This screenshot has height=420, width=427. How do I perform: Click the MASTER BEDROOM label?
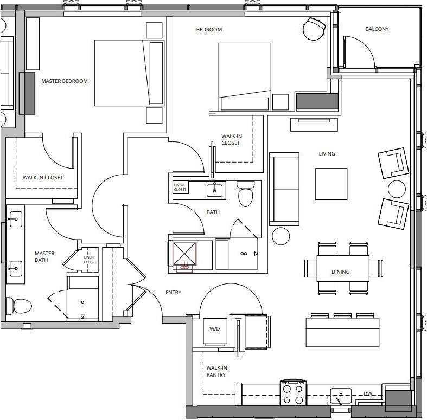[x=65, y=81]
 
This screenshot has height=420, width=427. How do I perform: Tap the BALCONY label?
[x=377, y=29]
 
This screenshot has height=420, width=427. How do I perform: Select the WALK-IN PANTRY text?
[x=216, y=371]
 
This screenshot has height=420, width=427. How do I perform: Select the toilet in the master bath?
[x=17, y=306]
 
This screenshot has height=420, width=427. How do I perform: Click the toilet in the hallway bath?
[x=245, y=195]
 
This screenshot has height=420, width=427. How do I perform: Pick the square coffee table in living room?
[x=332, y=184]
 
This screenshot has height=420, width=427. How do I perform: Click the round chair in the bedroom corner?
[x=313, y=29]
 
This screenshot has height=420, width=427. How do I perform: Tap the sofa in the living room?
[x=284, y=189]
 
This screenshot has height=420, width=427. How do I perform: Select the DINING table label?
[x=340, y=272]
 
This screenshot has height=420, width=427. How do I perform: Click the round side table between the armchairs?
[x=397, y=189]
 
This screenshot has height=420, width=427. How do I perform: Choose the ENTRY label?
[x=173, y=293]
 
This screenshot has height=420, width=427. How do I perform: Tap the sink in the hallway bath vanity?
[x=214, y=190]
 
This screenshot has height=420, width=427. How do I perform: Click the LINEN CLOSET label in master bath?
[x=90, y=259]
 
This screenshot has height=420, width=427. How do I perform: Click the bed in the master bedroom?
[x=122, y=73]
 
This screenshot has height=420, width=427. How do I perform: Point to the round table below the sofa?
[x=281, y=236]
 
